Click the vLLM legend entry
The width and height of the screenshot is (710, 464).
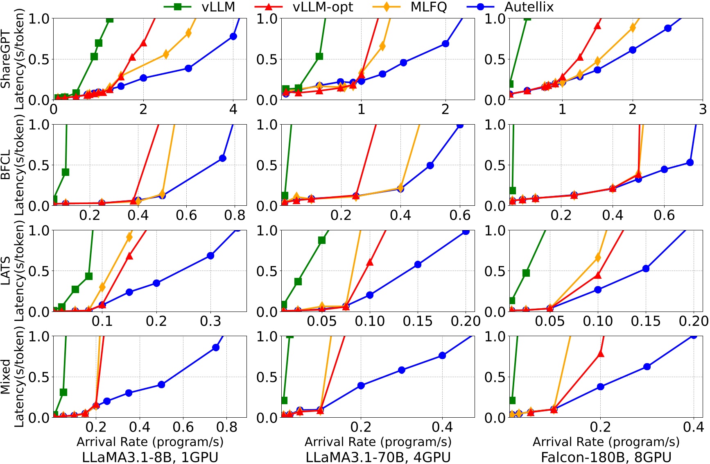[218, 7]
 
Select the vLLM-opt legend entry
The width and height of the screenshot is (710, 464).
[322, 7]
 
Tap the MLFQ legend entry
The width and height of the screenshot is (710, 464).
[428, 7]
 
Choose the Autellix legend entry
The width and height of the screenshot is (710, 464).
[529, 7]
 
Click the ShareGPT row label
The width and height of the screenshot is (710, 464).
[6, 59]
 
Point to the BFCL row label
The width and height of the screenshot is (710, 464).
[6, 165]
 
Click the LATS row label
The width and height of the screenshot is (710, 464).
[6, 271]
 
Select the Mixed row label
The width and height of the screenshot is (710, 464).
[6, 377]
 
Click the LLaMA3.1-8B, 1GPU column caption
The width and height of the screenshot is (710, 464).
[150, 457]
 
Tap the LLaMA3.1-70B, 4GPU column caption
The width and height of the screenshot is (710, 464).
[378, 457]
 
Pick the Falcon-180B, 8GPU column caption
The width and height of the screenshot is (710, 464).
[606, 457]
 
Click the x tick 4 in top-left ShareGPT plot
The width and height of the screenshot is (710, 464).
[233, 109]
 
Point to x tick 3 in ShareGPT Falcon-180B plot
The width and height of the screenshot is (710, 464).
[703, 109]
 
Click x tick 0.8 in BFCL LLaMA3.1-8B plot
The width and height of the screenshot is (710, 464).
[235, 215]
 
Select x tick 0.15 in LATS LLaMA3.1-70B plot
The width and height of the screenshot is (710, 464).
[418, 321]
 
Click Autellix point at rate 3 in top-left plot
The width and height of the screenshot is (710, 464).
[188, 68]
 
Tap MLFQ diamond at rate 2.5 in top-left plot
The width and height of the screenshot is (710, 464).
[166, 54]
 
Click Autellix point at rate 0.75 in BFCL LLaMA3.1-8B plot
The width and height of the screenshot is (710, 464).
[223, 158]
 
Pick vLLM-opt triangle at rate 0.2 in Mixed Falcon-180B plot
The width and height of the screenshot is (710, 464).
[601, 353]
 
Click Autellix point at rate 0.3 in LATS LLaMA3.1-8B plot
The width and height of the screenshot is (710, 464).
[210, 256]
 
